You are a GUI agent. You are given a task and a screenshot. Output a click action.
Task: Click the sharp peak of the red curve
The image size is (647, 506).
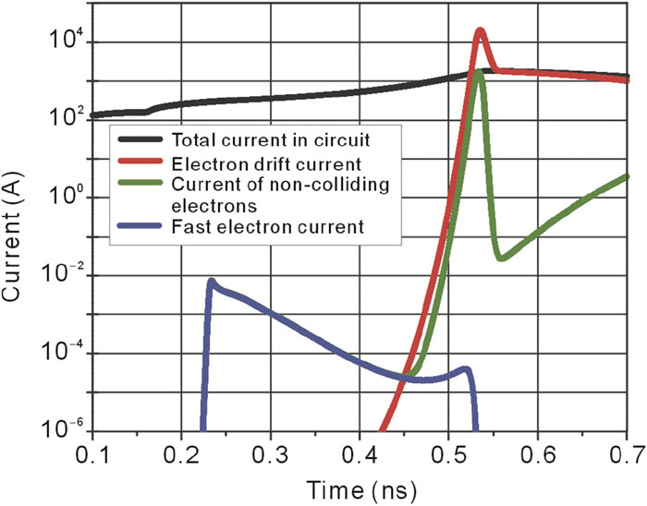pos(481,31)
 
